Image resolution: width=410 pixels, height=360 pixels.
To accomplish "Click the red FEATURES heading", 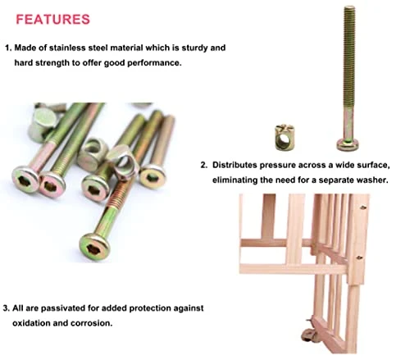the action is coord(53,19).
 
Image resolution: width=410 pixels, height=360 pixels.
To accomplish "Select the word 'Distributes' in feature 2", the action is coord(235,165).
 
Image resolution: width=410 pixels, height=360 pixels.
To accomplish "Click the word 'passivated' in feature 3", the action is coord(63,308).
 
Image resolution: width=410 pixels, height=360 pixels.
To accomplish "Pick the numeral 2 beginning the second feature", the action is coord(203,165).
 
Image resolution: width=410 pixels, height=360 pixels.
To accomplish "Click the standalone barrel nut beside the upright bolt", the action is coord(284,138).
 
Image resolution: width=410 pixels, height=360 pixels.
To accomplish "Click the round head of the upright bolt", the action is coord(348,144).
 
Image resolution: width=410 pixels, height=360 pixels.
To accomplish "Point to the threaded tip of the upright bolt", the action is coord(349,8).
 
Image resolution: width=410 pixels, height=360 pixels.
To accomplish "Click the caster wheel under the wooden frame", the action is coord(308,335).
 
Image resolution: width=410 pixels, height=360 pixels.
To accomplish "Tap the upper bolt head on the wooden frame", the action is coord(363,207).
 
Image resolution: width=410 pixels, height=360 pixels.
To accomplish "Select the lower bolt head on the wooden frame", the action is coord(360,257).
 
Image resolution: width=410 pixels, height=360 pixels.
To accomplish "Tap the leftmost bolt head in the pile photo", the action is coord(25,180).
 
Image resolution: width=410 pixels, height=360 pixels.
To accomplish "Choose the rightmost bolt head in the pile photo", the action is coord(153,177).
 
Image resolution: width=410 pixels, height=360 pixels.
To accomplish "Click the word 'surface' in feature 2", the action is coord(376,165).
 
